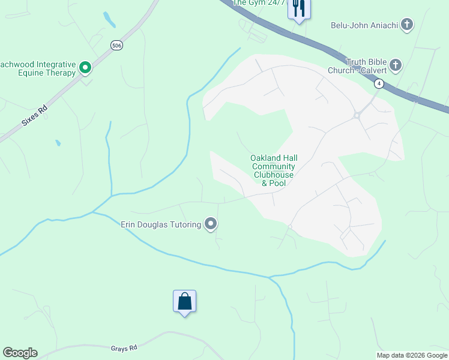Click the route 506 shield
(x=116, y=45)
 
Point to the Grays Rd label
(x=124, y=347)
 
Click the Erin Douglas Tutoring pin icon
(x=211, y=224)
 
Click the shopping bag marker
(x=185, y=301)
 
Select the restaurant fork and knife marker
(x=298, y=8)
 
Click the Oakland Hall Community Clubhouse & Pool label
(x=274, y=170)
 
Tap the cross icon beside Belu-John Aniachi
(x=407, y=25)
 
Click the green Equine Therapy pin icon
(x=85, y=68)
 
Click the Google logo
(x=20, y=353)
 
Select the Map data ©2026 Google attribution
(x=412, y=355)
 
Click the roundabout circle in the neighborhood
(x=358, y=115)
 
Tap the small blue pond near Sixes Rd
(x=58, y=143)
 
